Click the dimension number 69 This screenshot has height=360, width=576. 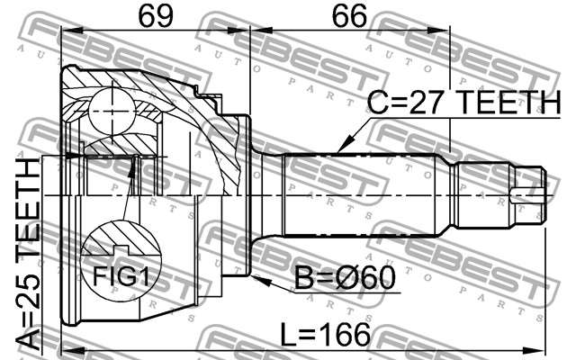click(156, 16)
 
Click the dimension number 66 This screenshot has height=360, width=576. click(349, 16)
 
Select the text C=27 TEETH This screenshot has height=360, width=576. click(464, 103)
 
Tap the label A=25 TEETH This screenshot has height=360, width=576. click(28, 254)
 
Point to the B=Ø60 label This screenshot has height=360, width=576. click(345, 278)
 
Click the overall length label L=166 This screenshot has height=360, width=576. click(326, 335)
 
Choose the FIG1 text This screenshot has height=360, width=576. click(121, 276)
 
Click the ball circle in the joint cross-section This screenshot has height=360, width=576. click(112, 112)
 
